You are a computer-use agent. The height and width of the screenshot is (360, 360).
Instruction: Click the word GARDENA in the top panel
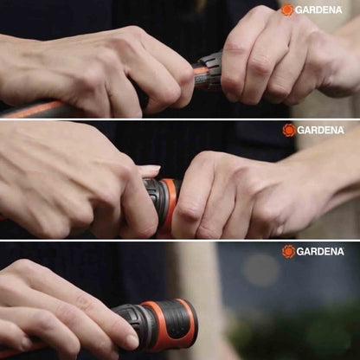pyautogui.click(x=319, y=10)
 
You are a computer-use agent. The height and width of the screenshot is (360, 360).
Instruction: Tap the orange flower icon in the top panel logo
pyautogui.click(x=287, y=10)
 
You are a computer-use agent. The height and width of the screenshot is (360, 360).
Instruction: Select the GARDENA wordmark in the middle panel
pyautogui.click(x=320, y=131)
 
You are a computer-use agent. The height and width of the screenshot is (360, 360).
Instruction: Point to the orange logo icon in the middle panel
pyautogui.click(x=289, y=130)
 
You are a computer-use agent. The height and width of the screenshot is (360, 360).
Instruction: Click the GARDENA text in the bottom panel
pyautogui.click(x=320, y=252)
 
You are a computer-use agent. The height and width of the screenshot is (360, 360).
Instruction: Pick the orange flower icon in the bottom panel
pyautogui.click(x=288, y=252)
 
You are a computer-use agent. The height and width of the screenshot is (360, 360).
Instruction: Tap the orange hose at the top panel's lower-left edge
pyautogui.click(x=32, y=109)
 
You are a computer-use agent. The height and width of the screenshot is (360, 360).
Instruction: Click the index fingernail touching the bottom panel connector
pyautogui.click(x=132, y=342)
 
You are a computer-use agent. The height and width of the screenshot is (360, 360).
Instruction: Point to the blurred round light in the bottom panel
pyautogui.click(x=261, y=270)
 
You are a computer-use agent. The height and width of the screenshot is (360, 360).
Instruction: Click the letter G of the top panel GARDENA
pyautogui.click(x=299, y=10)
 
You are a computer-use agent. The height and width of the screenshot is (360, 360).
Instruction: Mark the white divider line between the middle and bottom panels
pyautogui.click(x=180, y=240)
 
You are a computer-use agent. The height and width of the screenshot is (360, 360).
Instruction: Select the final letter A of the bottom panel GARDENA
pyautogui.click(x=340, y=252)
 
